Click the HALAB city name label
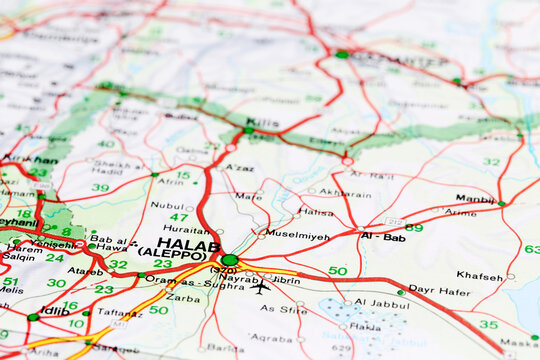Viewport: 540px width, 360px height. [x=189, y=244]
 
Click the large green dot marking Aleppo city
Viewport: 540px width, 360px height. [x=230, y=260]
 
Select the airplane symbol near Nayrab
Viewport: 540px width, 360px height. [x=262, y=287]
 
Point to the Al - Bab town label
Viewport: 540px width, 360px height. [x=382, y=237]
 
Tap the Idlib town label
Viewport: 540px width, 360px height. [x=54, y=311]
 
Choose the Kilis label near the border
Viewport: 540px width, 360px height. [x=263, y=123]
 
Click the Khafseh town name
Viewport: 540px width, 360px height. [x=479, y=275]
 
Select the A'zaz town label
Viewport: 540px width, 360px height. [x=239, y=168]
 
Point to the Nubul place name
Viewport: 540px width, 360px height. [x=167, y=205]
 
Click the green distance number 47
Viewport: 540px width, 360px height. [x=178, y=217]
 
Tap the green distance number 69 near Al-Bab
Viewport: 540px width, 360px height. [x=413, y=228]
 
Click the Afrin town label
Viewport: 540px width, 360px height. [x=170, y=182]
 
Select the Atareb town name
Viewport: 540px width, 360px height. [x=85, y=270]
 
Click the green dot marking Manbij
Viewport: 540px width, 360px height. [x=501, y=204]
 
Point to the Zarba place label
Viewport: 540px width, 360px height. [x=182, y=298]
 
